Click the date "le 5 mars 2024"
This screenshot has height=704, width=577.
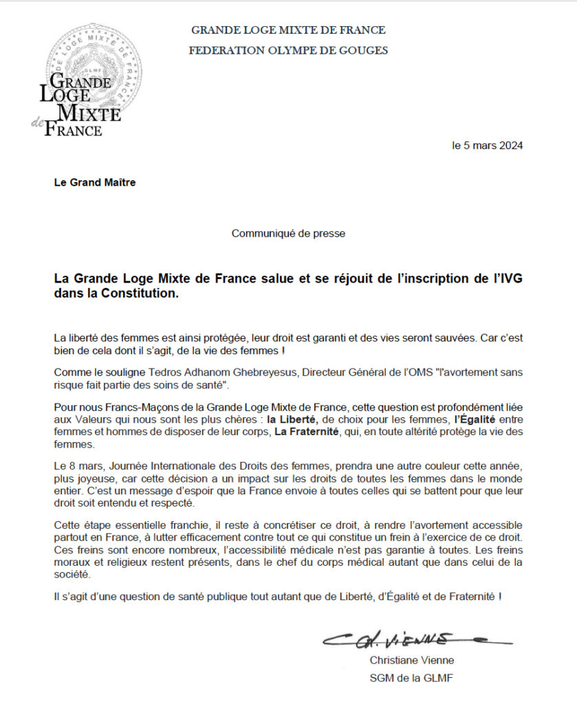tap(487, 146)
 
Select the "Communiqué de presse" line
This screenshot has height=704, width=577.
tap(288, 233)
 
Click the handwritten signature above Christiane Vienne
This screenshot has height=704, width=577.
tap(413, 639)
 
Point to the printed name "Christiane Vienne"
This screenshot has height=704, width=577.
tap(412, 661)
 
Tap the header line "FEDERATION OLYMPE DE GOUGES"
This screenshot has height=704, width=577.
tap(288, 50)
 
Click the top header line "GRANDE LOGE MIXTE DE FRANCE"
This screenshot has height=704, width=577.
tap(288, 30)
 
